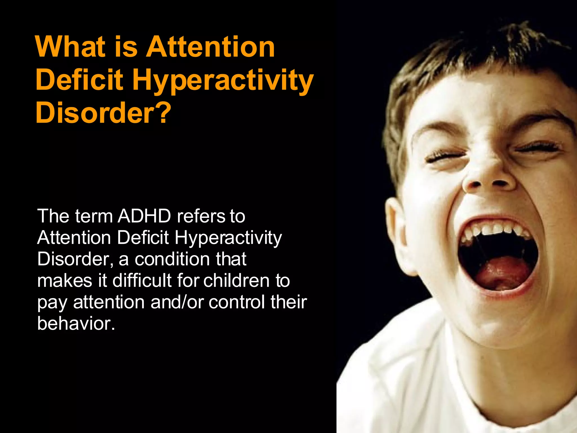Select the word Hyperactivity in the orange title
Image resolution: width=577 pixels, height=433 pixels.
tap(223, 81)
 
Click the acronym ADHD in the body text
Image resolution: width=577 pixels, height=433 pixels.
tap(144, 216)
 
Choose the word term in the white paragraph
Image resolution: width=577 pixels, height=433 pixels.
tap(94, 216)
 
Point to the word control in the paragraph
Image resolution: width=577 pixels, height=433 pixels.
tap(237, 302)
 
